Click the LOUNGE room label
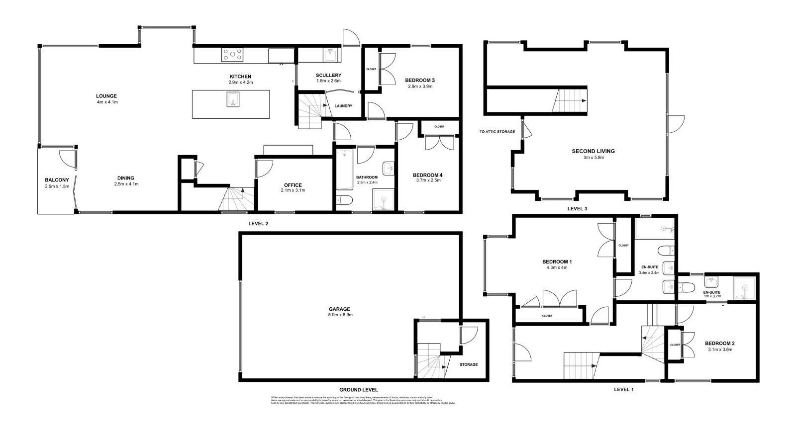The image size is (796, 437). tap(106, 96)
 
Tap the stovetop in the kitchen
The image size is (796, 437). tap(232, 54)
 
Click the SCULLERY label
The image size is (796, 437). tap(328, 76)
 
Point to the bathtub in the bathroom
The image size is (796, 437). tap(344, 170)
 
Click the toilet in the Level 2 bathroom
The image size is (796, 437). tap(344, 200)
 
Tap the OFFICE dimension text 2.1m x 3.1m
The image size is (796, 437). tap(293, 190)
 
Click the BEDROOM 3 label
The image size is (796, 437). tap(420, 80)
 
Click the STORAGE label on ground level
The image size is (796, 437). tap(468, 364)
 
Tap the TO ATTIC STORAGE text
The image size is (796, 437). tap(497, 132)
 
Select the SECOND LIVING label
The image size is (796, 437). tap(593, 151)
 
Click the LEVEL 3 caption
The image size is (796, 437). tap(577, 209)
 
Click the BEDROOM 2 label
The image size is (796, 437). tap(719, 343)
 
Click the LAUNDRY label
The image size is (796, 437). tap(343, 106)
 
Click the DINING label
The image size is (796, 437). tap(126, 178)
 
